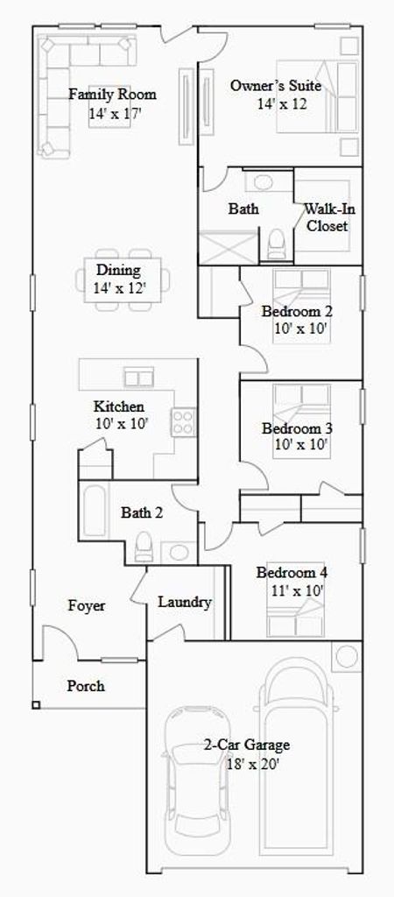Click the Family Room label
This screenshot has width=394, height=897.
tap(113, 95)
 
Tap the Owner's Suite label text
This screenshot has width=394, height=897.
tap(276, 86)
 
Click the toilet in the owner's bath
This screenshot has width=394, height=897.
tap(277, 244)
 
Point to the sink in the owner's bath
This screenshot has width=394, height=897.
tap(264, 182)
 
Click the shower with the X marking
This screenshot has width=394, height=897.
tap(229, 248)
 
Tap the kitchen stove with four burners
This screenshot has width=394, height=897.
tap(184, 422)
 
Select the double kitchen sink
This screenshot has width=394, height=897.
tap(139, 378)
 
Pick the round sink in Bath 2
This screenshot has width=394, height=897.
tap(179, 553)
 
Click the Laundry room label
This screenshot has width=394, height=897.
tap(185, 603)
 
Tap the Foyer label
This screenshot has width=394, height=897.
tap(87, 606)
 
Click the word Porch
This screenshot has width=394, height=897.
tap(86, 685)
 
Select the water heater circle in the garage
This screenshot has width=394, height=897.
tap(347, 655)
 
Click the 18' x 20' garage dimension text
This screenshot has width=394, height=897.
tap(246, 764)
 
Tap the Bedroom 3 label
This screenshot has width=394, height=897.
tap(298, 428)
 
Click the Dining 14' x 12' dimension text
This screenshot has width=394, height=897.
tap(120, 287)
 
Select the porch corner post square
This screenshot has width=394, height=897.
tap(36, 705)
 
